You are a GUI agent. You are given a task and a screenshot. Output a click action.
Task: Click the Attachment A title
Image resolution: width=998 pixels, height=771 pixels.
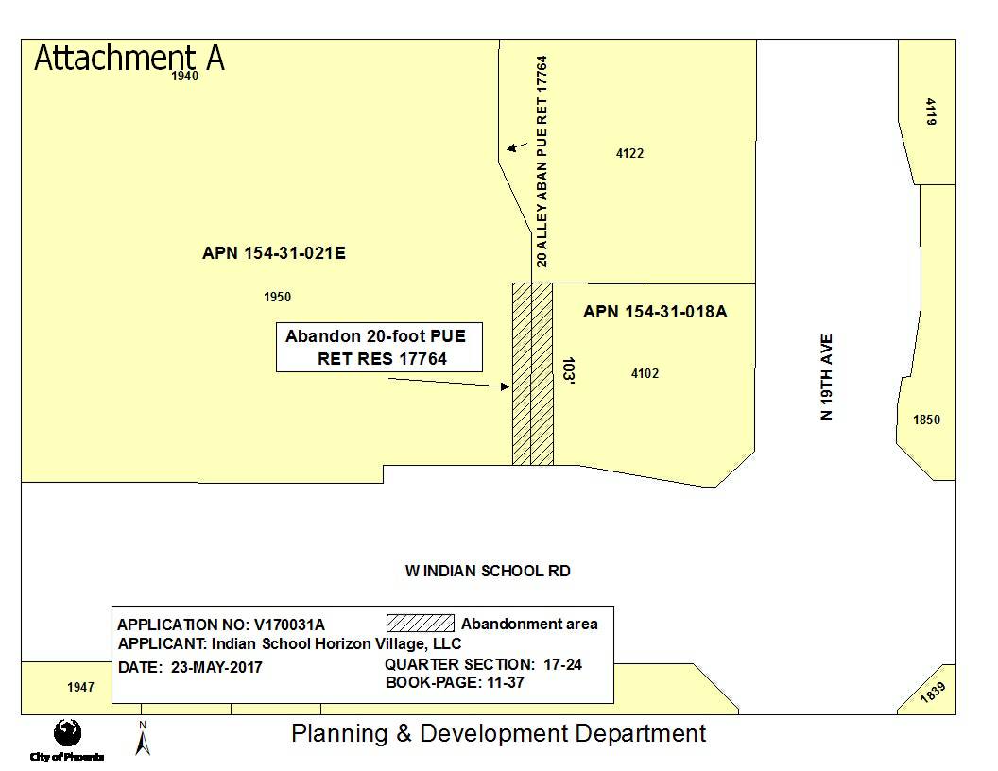129,58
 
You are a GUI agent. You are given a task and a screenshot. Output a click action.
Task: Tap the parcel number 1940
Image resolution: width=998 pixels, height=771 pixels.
184,76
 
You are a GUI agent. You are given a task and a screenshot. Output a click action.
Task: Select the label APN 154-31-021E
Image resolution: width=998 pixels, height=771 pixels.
274,253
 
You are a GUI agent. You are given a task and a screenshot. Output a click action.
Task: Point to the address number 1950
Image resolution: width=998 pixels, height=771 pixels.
277,297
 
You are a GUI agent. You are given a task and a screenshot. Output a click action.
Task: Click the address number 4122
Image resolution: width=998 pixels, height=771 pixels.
629,153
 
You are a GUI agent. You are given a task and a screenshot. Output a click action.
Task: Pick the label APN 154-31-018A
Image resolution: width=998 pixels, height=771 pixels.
655,311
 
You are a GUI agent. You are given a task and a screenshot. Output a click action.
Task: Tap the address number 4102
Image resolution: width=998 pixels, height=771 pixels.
645,373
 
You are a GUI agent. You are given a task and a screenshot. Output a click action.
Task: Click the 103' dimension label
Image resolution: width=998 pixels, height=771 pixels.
568,371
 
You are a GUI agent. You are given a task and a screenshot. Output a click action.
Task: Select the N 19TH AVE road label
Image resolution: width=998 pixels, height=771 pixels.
826,377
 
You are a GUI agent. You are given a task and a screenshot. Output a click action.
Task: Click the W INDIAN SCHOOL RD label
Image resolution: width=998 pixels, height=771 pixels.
488,571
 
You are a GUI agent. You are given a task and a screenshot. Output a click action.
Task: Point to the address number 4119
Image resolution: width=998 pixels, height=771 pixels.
931,111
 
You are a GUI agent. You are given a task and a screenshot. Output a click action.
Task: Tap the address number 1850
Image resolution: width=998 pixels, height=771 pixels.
926,420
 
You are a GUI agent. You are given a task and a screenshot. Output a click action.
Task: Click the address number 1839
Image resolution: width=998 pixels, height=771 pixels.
933,693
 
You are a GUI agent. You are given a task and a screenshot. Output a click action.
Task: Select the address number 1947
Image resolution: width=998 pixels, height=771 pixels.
80,687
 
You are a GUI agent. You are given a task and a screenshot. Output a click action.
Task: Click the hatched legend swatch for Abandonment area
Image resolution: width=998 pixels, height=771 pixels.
420,623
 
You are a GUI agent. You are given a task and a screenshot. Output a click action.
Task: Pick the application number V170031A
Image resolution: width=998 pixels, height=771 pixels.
289,625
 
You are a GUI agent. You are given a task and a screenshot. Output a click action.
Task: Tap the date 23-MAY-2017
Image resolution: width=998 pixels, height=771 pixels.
216,667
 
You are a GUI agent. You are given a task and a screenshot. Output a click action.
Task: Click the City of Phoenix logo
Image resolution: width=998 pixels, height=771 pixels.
67,740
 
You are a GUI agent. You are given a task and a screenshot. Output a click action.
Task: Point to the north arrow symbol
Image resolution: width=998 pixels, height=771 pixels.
143,739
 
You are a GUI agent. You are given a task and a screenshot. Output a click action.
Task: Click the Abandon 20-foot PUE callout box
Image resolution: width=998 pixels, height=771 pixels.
379,348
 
